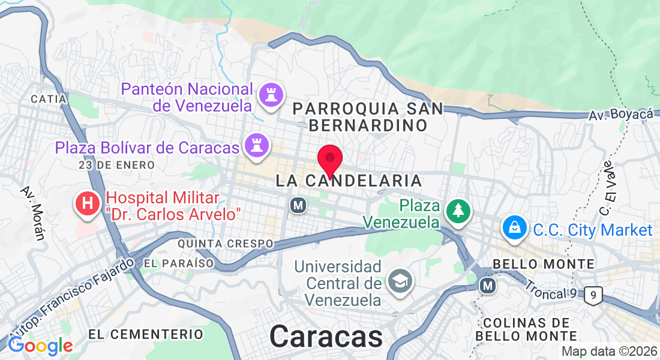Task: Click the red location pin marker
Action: (x=329, y=160)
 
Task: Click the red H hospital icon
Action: (x=88, y=203)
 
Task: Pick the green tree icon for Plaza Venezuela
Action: (x=458, y=211)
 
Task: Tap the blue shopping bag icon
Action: (x=515, y=228)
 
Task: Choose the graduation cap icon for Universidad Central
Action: (x=398, y=280)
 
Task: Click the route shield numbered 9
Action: (x=593, y=295)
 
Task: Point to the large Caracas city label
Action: (x=326, y=336)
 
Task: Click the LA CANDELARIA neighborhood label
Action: (x=349, y=180)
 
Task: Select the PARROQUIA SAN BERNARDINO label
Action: (x=368, y=117)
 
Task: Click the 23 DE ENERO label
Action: (x=116, y=164)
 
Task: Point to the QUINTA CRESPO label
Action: (x=226, y=244)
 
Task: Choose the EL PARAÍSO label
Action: (x=179, y=263)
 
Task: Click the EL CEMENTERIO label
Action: (x=146, y=334)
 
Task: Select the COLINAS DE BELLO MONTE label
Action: (x=526, y=329)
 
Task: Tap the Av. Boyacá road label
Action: (x=620, y=114)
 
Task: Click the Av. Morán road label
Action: (x=33, y=212)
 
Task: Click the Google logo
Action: (x=40, y=346)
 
